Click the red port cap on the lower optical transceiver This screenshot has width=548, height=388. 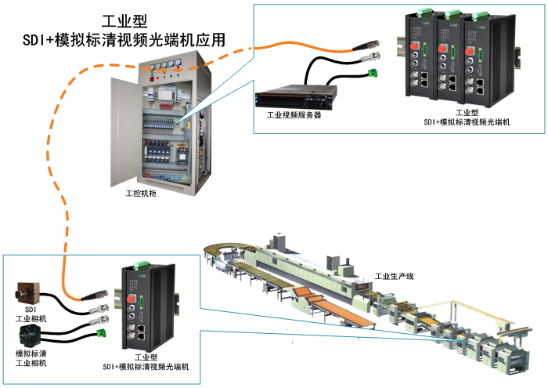point(133,299)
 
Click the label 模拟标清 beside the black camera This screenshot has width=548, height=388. point(31,354)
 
